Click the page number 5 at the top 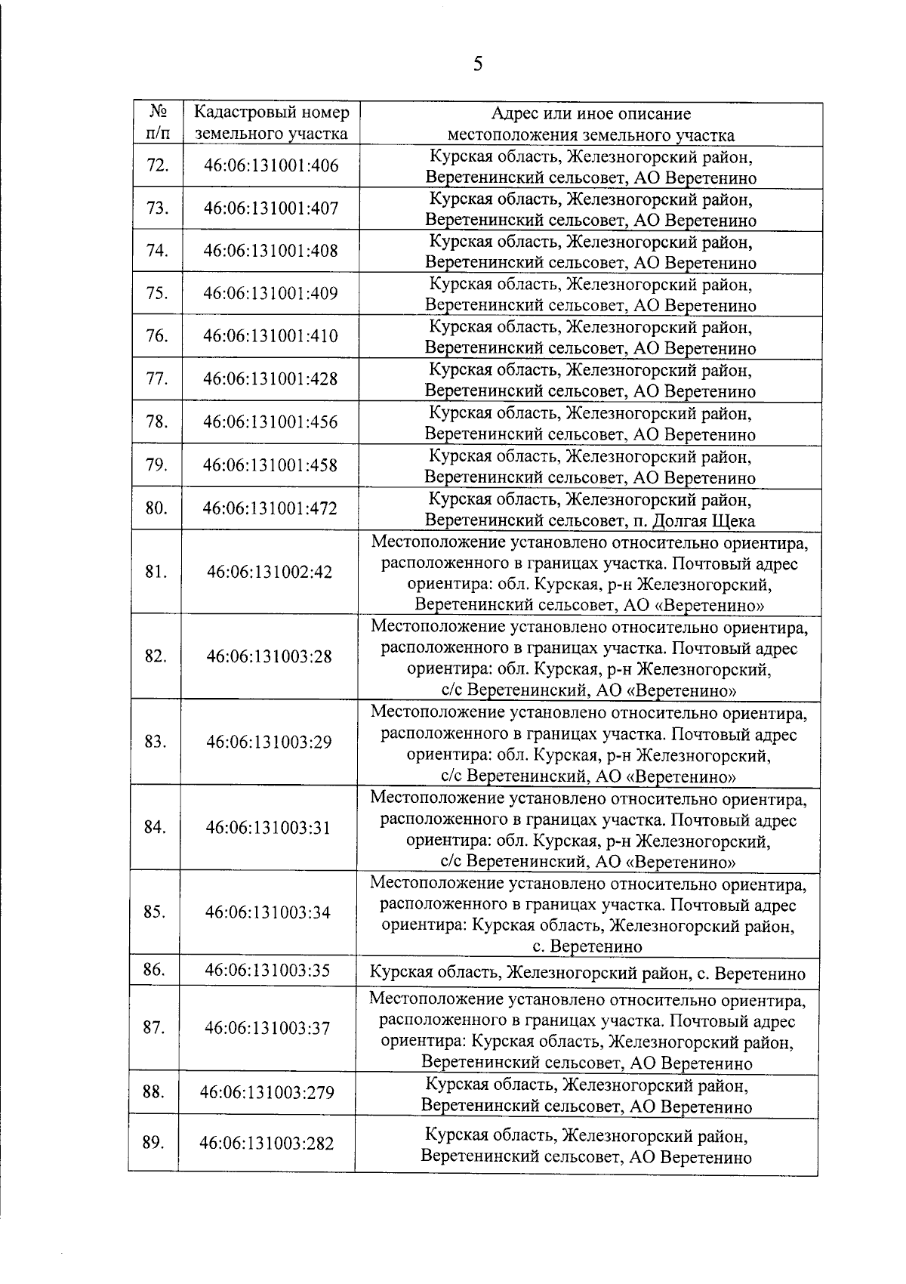[x=476, y=64]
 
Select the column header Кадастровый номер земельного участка [x=271, y=124]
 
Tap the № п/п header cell [x=157, y=124]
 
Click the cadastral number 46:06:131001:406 [x=271, y=166]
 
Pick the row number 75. [x=156, y=294]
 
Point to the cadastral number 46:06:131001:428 [x=270, y=379]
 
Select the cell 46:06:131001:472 [x=270, y=508]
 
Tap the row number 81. [x=156, y=572]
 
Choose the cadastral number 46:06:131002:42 [x=270, y=573]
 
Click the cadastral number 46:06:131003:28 [x=270, y=656]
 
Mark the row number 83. [x=155, y=742]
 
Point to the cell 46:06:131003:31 [x=269, y=828]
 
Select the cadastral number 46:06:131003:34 [x=268, y=912]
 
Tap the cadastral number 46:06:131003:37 [x=267, y=1029]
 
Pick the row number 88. [x=153, y=1092]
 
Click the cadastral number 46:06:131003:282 [x=267, y=1144]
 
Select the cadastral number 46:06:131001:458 [x=270, y=465]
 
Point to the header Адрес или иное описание [x=590, y=114]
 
